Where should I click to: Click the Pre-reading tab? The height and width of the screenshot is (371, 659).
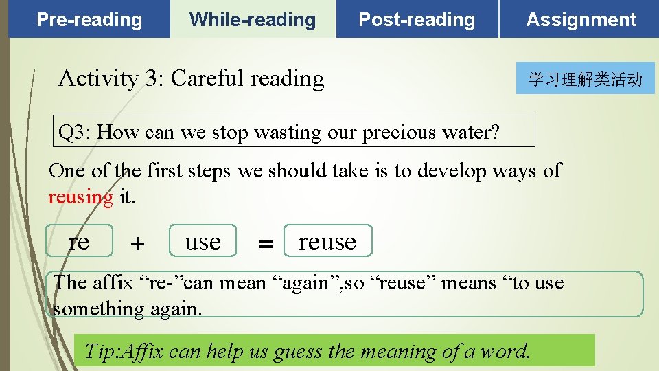click(x=89, y=20)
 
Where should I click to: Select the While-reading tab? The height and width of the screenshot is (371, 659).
click(x=253, y=20)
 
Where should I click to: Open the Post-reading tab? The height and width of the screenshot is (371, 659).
click(x=417, y=20)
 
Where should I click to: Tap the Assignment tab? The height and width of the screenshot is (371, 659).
click(x=581, y=20)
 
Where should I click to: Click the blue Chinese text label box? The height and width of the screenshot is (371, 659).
click(x=585, y=79)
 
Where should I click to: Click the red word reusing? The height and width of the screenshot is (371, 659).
click(x=80, y=197)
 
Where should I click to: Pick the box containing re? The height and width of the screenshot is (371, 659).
click(x=79, y=241)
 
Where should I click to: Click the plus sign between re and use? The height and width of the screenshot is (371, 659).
click(x=138, y=243)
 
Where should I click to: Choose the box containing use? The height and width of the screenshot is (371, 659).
click(x=203, y=241)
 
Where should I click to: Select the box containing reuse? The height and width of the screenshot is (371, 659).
click(x=327, y=241)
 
